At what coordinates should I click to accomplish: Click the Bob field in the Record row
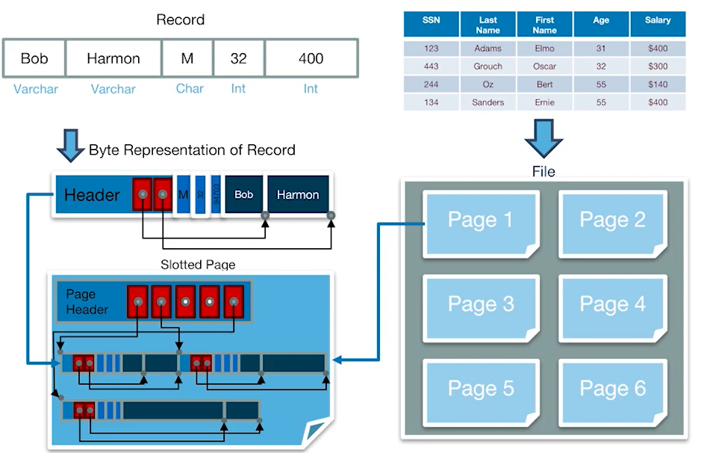(x=34, y=58)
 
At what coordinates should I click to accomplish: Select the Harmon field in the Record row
(x=113, y=58)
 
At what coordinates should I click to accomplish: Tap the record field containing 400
(x=311, y=58)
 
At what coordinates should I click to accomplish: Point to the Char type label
(x=190, y=88)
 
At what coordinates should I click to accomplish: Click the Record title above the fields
(x=181, y=19)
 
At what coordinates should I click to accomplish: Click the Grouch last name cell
(x=488, y=67)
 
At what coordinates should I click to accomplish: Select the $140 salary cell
(x=658, y=84)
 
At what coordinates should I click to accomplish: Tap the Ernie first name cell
(x=545, y=102)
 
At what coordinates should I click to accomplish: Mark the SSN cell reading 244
(x=431, y=84)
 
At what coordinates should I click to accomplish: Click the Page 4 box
(x=612, y=304)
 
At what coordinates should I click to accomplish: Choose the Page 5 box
(x=480, y=389)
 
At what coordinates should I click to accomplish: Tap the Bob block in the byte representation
(x=244, y=195)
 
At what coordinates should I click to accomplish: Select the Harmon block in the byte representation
(x=298, y=195)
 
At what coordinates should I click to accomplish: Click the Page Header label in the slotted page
(x=87, y=301)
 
